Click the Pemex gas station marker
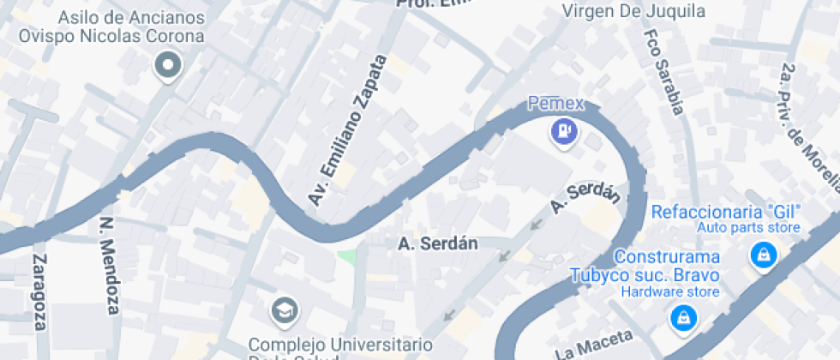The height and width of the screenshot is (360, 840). click(563, 131)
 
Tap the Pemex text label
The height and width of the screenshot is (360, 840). click(555, 104)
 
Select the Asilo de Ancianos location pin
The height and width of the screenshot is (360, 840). click(168, 64)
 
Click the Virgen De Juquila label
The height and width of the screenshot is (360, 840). click(633, 11)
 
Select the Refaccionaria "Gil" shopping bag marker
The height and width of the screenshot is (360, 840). click(761, 255)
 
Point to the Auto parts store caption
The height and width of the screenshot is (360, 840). click(747, 228)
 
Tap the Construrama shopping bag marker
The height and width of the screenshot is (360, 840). click(683, 319)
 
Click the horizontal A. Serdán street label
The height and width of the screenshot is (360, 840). click(438, 243)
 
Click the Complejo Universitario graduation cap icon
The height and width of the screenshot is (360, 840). click(284, 311)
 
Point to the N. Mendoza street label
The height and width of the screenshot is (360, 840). click(108, 266)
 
